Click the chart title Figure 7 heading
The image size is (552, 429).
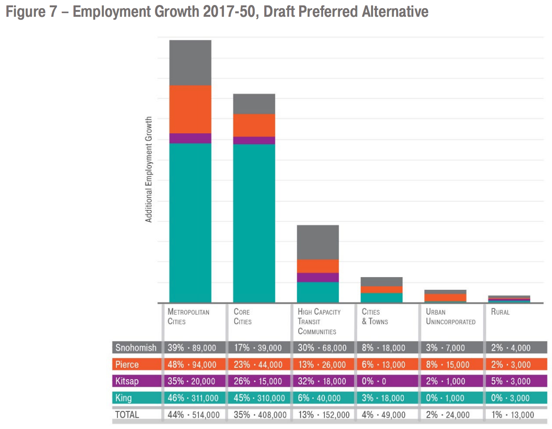(x=217, y=12)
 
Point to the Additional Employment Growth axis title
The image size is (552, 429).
(x=149, y=170)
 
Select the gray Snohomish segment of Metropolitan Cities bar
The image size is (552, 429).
(x=190, y=63)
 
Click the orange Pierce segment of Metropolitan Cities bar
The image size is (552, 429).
(x=190, y=109)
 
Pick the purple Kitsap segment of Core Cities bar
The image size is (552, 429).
(x=254, y=141)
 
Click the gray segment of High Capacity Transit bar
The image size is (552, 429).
(x=318, y=242)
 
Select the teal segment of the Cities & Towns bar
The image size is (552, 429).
(x=382, y=297)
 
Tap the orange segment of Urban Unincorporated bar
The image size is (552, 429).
(x=445, y=297)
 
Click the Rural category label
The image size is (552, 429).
(x=500, y=312)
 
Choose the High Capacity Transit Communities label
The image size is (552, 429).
(x=319, y=322)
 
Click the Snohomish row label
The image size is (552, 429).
(x=136, y=348)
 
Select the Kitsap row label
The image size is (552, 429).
(x=127, y=381)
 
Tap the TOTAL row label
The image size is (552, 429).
(x=127, y=414)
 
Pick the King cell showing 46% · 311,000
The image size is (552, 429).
(x=193, y=398)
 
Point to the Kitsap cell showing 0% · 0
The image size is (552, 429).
(x=374, y=381)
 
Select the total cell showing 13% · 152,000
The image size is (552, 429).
(x=324, y=414)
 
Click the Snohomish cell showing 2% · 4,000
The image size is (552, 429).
(x=510, y=348)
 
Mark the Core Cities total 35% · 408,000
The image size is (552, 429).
(x=260, y=414)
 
